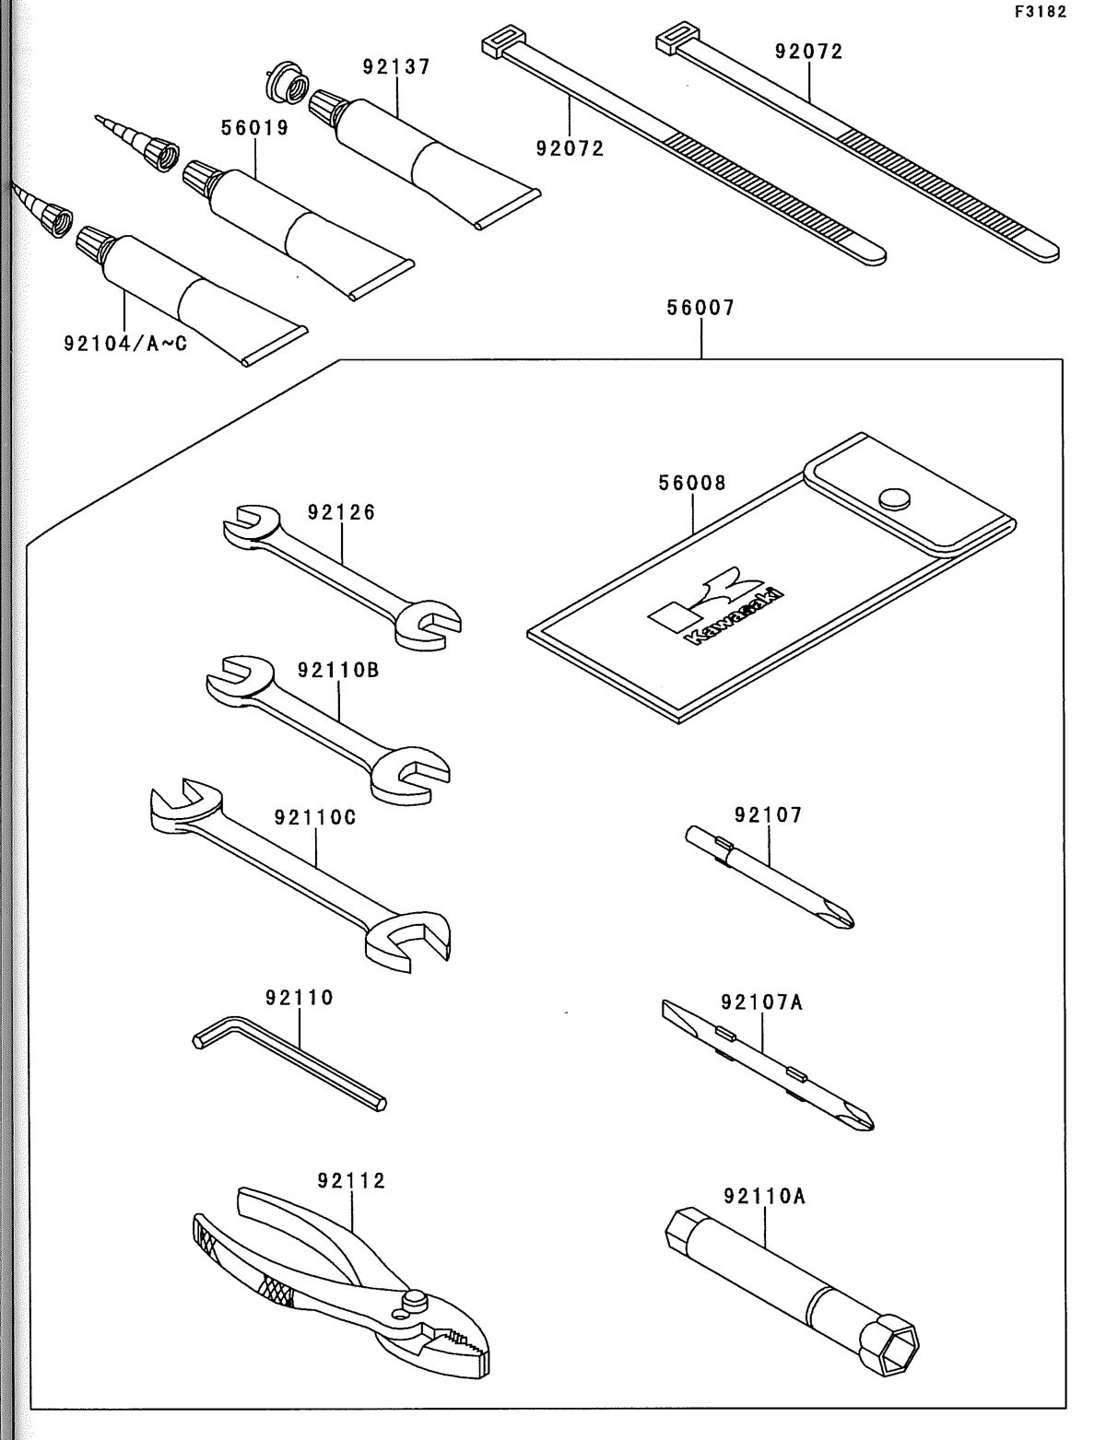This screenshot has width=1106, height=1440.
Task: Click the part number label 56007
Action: pos(701,309)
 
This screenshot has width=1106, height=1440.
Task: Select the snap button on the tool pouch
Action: pos(892,499)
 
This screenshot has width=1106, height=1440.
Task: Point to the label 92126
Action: pos(342,512)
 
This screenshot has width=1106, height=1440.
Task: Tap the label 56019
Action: pos(254,128)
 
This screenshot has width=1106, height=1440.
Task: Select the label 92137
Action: pos(396,67)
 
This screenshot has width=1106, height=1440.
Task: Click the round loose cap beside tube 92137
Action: pos(284,85)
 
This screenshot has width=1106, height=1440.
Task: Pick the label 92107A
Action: pos(762,1001)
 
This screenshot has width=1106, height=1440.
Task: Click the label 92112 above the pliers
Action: pos(351,1180)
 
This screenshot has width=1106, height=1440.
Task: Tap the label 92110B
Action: pos(338,670)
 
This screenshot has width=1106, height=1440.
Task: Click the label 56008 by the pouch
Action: pos(692,483)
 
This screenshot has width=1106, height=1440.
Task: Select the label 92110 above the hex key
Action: pos(300,997)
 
